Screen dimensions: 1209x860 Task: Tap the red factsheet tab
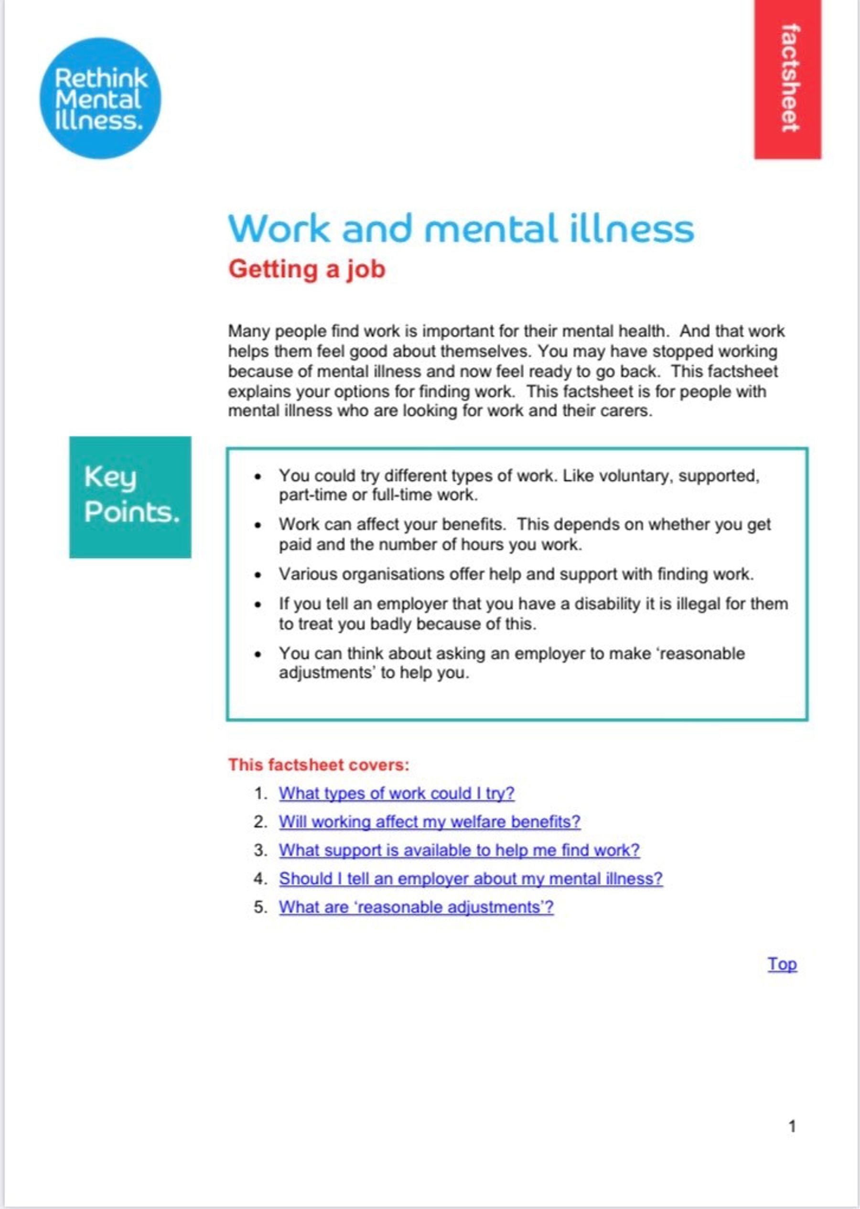click(787, 79)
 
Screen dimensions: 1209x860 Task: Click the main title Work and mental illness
click(460, 229)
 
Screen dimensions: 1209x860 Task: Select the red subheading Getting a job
click(307, 269)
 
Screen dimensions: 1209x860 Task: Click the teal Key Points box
click(130, 497)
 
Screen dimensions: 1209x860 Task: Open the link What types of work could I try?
click(397, 793)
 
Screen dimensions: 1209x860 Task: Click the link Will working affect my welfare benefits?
click(430, 822)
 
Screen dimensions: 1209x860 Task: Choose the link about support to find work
click(459, 850)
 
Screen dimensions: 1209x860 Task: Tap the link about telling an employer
click(471, 879)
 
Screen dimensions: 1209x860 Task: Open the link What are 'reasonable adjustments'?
click(416, 907)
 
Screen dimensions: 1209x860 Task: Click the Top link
click(782, 964)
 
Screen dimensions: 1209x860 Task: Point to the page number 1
click(792, 1126)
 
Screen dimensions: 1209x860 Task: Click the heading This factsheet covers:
click(319, 765)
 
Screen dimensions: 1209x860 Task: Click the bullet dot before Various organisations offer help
click(258, 575)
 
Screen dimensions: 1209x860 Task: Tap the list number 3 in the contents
click(259, 850)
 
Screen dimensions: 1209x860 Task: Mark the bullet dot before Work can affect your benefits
click(258, 525)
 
